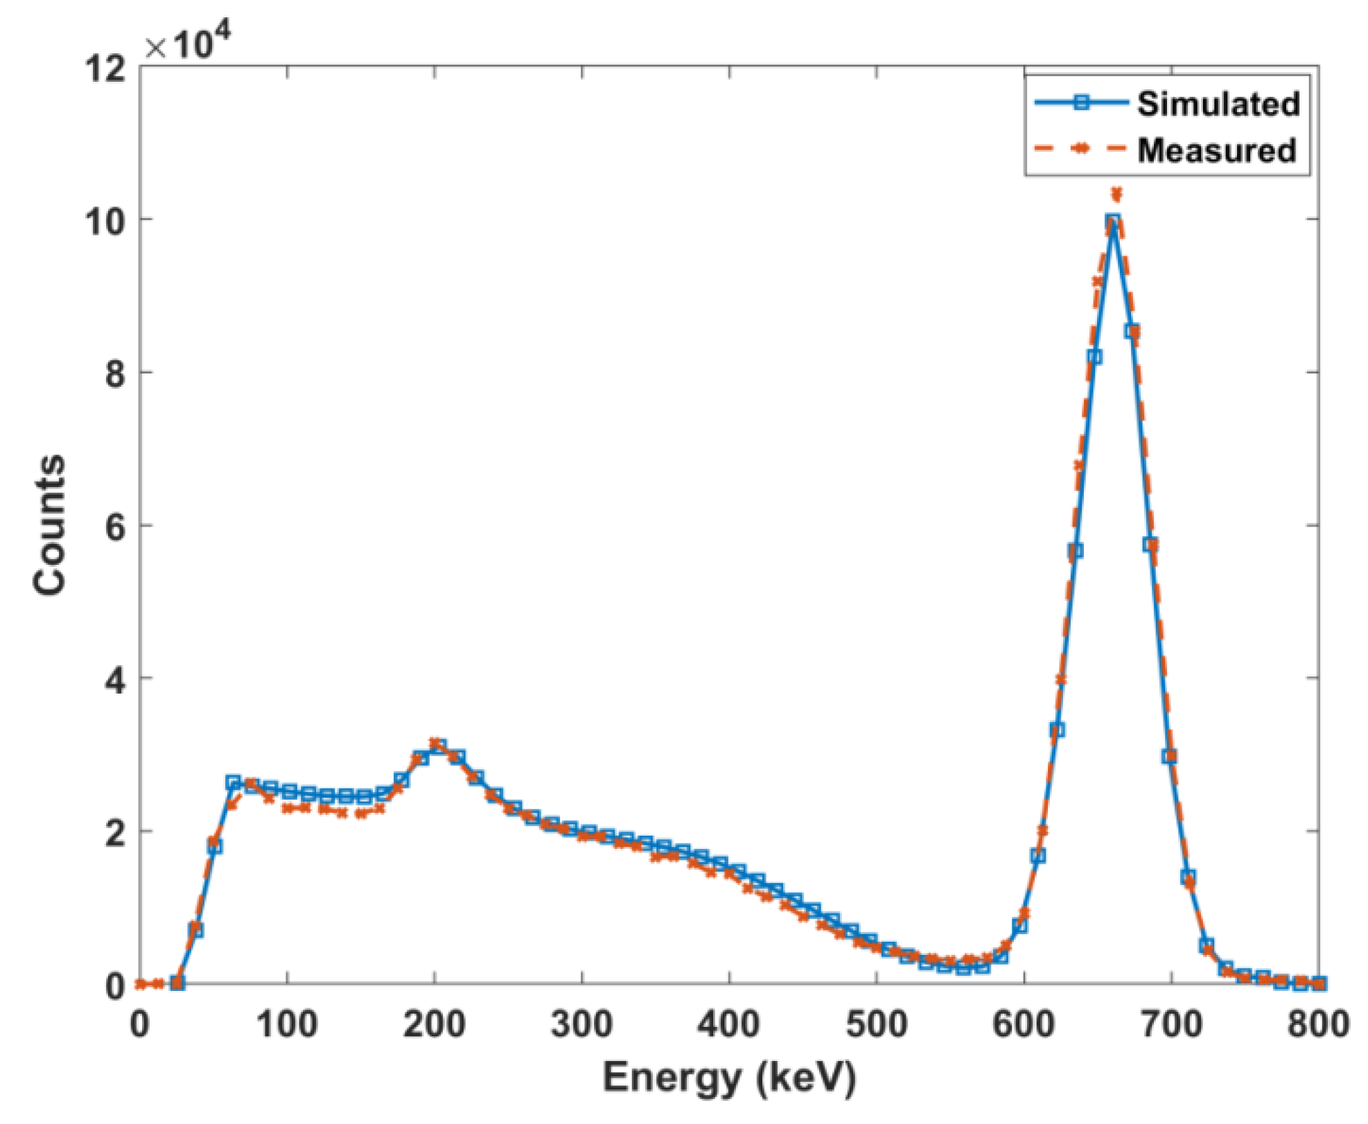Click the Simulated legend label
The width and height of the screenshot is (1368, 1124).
coord(1218,104)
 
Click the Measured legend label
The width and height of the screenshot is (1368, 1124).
coord(1216,150)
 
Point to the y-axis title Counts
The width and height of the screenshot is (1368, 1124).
coord(50,525)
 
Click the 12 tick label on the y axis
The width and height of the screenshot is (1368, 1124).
coord(106,69)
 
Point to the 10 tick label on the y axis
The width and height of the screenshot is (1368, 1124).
coord(106,221)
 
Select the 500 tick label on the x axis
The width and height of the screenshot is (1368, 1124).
coord(876,1024)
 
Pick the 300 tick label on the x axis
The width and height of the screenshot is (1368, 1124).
coord(581,1024)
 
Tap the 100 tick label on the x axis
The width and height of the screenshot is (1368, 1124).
coord(287,1024)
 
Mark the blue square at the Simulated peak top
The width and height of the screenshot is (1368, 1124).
coord(1113,222)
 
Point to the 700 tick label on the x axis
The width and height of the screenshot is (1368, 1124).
coord(1171,1024)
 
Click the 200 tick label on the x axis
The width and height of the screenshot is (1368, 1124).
coord(434,1024)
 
